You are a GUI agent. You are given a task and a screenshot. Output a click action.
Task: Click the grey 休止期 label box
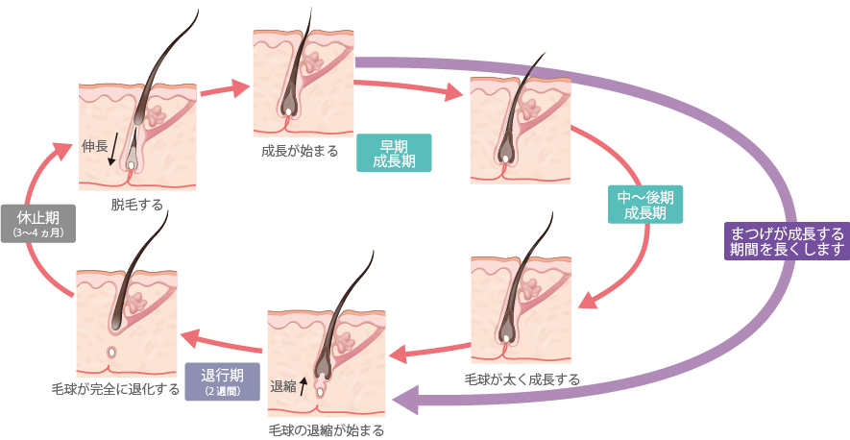(38, 222)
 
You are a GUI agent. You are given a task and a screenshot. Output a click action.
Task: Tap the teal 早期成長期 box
(394, 153)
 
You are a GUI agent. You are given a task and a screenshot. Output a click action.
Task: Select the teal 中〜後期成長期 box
(646, 205)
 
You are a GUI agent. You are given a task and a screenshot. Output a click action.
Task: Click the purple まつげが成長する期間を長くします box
(788, 240)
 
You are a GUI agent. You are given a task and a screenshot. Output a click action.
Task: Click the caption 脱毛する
(136, 204)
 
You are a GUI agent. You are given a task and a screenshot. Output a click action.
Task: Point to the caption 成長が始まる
(299, 151)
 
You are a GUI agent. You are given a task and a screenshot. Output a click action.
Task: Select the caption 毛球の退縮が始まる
(327, 429)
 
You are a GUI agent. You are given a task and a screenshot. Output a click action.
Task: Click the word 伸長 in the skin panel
(93, 146)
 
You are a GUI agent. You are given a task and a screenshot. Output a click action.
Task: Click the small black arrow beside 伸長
(112, 150)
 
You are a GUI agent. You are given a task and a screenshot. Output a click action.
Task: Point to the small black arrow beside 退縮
(304, 385)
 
